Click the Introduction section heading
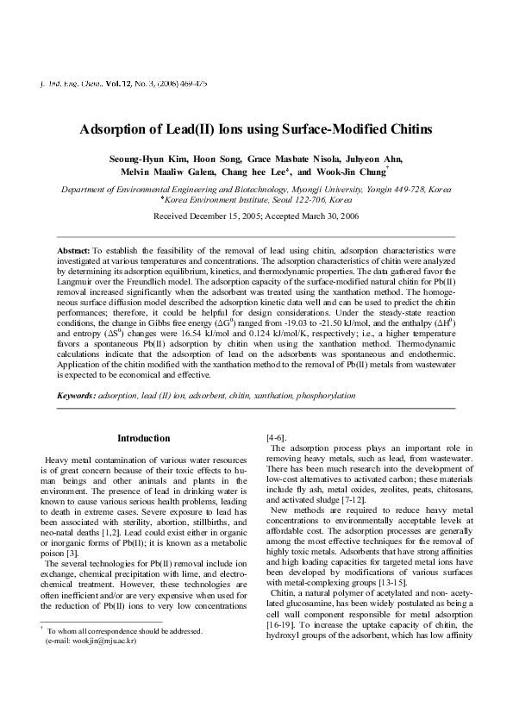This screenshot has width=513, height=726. [143, 438]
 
